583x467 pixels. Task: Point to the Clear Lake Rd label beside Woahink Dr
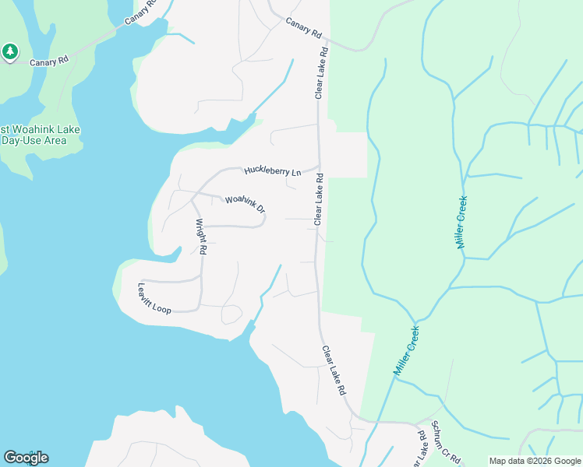pyautogui.click(x=319, y=200)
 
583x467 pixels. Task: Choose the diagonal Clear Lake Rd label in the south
pyautogui.click(x=334, y=371)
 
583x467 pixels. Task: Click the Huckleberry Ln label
pyautogui.click(x=272, y=170)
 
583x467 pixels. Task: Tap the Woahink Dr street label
pyautogui.click(x=246, y=205)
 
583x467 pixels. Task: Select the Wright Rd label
pyautogui.click(x=200, y=237)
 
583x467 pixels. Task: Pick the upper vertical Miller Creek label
pyautogui.click(x=462, y=222)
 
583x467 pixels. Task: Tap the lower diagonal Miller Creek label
pyautogui.click(x=407, y=351)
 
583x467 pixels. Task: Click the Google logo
pyautogui.click(x=26, y=458)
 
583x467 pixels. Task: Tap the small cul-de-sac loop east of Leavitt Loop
pyautogui.click(x=231, y=314)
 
